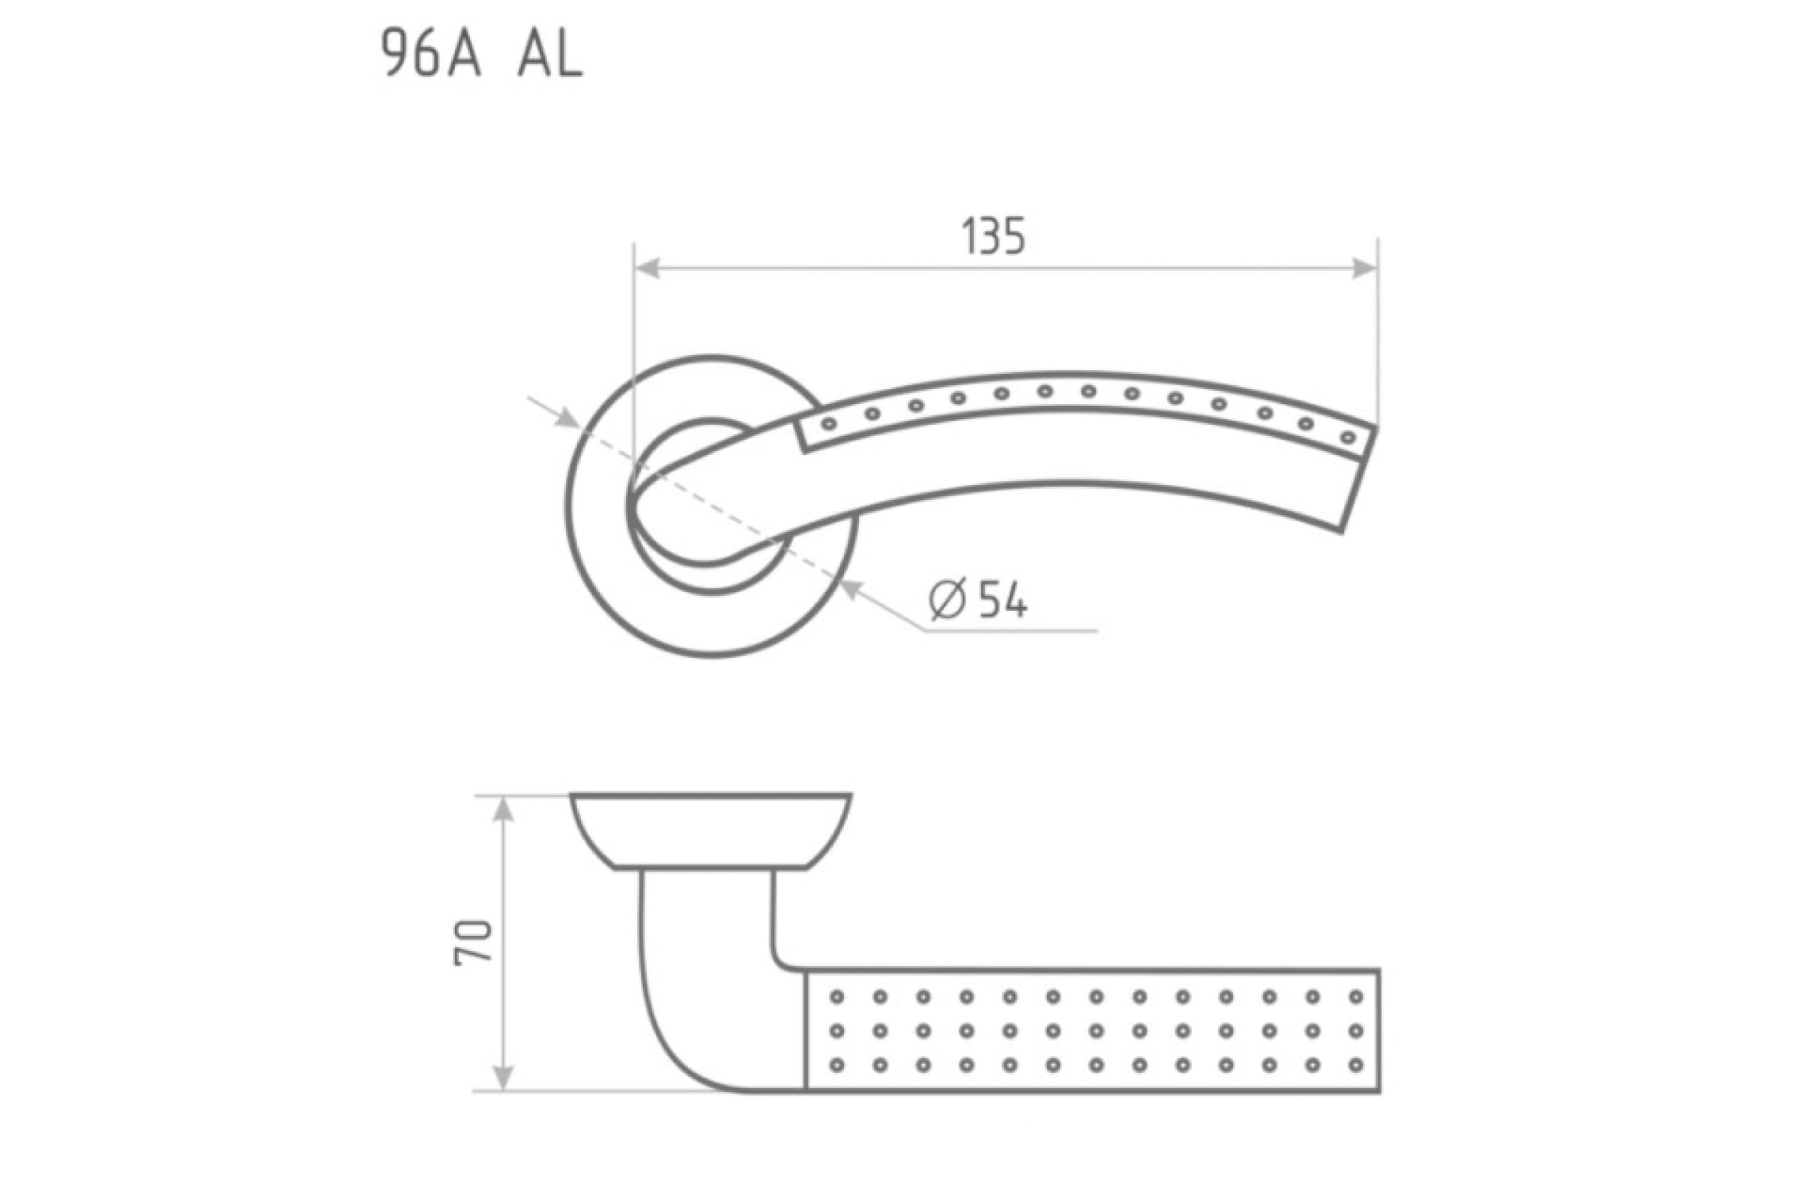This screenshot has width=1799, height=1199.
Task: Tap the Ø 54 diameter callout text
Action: pyautogui.click(x=978, y=600)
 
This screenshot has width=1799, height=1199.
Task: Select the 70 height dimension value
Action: pyautogui.click(x=472, y=942)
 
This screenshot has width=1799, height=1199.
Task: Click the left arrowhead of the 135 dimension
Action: pyautogui.click(x=647, y=268)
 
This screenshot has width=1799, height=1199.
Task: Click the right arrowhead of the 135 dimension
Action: pyautogui.click(x=1365, y=268)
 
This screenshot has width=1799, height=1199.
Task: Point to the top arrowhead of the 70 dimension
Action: pyautogui.click(x=501, y=810)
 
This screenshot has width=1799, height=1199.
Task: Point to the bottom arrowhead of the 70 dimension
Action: pyautogui.click(x=501, y=1077)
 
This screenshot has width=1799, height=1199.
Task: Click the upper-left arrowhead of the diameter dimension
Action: pyautogui.click(x=566, y=417)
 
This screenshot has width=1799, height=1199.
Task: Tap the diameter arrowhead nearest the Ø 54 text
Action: pyautogui.click(x=852, y=589)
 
